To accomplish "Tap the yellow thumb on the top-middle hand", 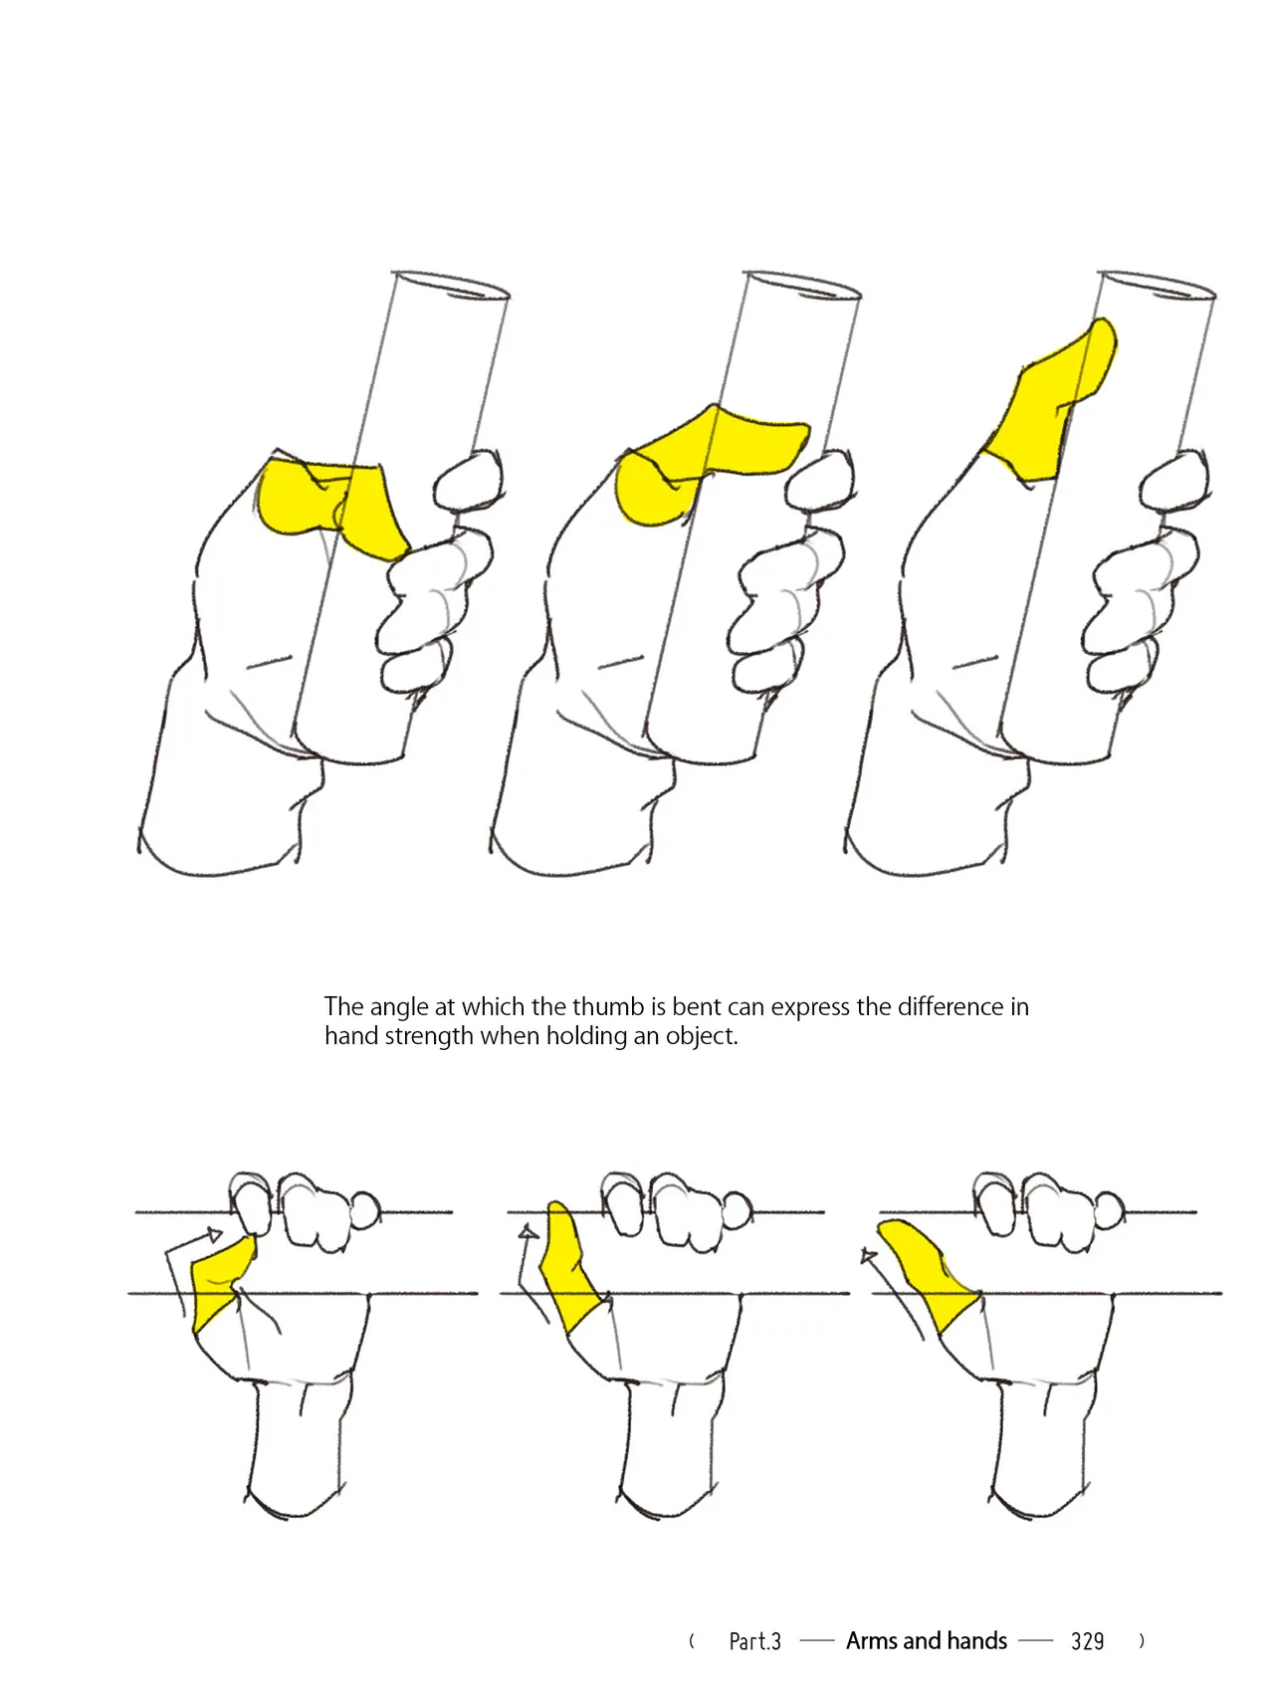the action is tap(697, 460).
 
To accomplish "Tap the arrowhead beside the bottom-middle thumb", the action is tap(529, 1234).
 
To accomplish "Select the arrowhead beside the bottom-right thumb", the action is tap(869, 1257).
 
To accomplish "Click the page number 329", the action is tap(1087, 1641).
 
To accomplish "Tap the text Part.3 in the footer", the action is tap(754, 1641).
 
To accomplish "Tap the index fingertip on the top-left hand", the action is tap(469, 480).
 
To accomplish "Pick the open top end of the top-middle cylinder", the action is tap(802, 285).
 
